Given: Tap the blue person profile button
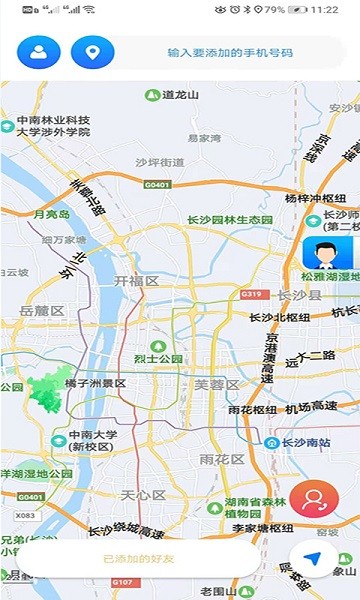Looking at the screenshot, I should pos(38,51).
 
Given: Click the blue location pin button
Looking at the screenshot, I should pos(93,51).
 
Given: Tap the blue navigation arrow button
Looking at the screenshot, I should pos(314,558).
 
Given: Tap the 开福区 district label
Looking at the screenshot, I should pos(137,281).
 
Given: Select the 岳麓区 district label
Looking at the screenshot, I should pos(41,311).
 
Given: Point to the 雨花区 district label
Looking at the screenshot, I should pos(221,459).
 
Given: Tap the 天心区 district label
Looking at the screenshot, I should pos(143,495).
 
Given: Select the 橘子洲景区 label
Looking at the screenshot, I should pos(95,383).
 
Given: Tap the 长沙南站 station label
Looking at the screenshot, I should pos(301,442).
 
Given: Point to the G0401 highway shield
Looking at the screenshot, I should pos(157,185).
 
